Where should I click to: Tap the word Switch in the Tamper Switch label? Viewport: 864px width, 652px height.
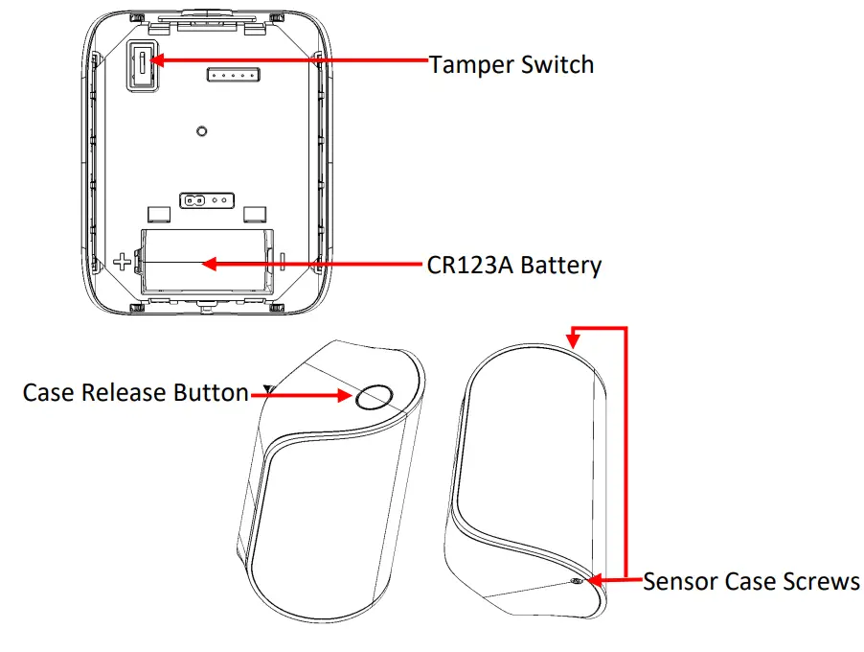[559, 65]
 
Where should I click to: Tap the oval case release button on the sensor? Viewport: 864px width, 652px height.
[375, 396]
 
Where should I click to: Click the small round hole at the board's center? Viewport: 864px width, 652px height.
[201, 131]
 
